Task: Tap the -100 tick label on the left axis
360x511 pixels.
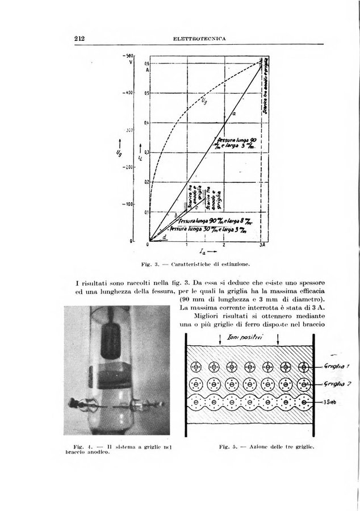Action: coord(129,203)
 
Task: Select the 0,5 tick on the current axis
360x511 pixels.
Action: coord(146,93)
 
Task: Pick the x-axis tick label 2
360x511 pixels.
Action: coord(224,245)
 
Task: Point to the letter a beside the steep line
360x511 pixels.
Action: coord(234,114)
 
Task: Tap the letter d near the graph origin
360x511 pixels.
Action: coord(165,236)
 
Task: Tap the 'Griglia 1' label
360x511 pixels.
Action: coord(336,366)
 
